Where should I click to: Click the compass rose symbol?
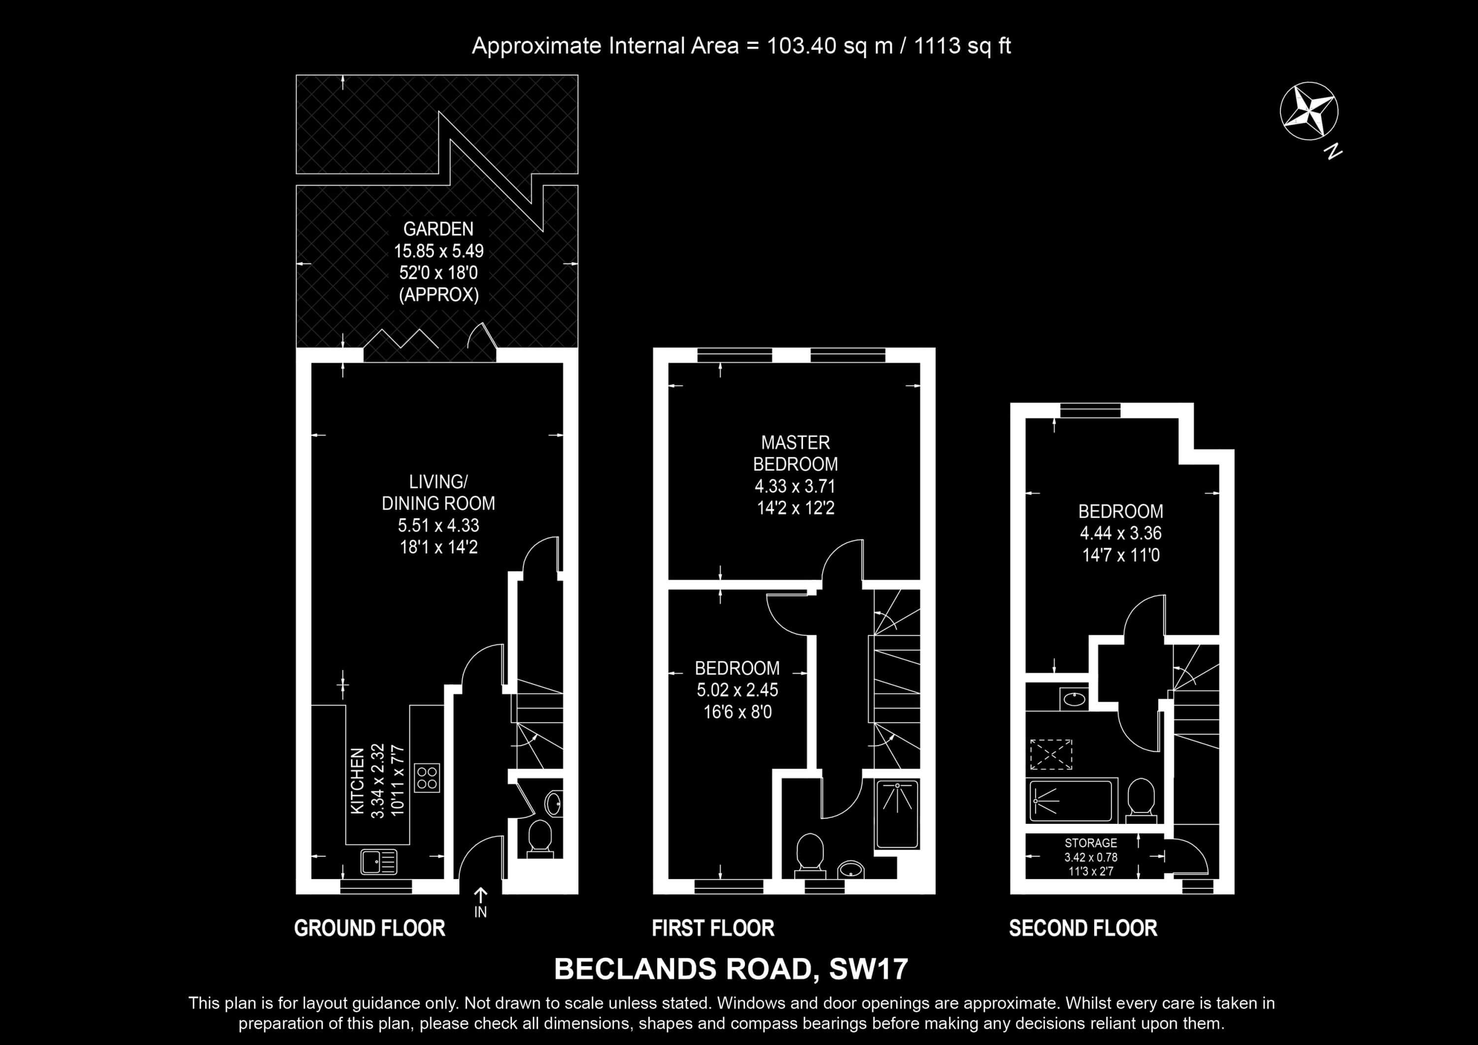1309,111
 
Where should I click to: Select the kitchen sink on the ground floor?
378,862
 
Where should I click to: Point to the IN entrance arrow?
481,895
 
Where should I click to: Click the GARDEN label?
438,229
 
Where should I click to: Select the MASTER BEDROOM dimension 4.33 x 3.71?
795,486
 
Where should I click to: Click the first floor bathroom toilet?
810,855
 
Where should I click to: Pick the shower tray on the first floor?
897,814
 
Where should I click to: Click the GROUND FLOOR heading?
369,928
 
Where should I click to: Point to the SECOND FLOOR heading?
1083,928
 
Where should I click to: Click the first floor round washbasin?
851,869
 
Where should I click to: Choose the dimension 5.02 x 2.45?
737,690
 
